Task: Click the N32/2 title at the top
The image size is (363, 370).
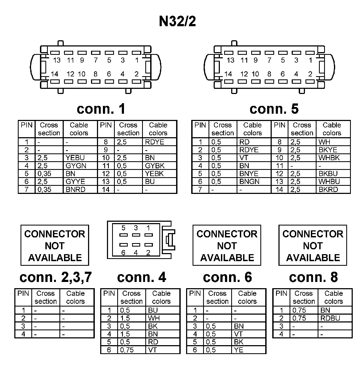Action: click(177, 21)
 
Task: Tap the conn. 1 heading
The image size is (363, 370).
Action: click(101, 109)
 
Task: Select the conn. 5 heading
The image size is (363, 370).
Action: click(274, 109)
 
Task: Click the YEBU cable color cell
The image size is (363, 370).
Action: click(75, 158)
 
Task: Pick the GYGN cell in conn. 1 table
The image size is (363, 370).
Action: click(76, 166)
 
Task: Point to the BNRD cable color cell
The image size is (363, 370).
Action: click(76, 190)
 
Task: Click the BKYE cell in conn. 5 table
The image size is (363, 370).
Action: click(328, 150)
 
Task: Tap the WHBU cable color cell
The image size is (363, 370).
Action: click(329, 182)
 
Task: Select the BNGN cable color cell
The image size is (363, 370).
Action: click(249, 182)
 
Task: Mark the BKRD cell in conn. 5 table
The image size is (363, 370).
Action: click(328, 190)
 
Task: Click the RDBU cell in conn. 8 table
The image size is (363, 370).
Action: click(330, 318)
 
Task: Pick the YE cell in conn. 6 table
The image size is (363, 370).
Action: click(239, 350)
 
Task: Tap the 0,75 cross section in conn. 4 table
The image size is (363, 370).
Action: click(127, 350)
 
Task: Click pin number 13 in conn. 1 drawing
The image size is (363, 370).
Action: click(57, 60)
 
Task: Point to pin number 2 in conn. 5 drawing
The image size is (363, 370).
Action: click(310, 74)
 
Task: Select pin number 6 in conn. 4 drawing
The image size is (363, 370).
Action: click(123, 253)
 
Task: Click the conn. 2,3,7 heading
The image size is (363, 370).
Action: click(56, 277)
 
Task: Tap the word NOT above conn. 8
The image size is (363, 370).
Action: click(313, 246)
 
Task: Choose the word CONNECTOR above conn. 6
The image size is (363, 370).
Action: click(227, 234)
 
